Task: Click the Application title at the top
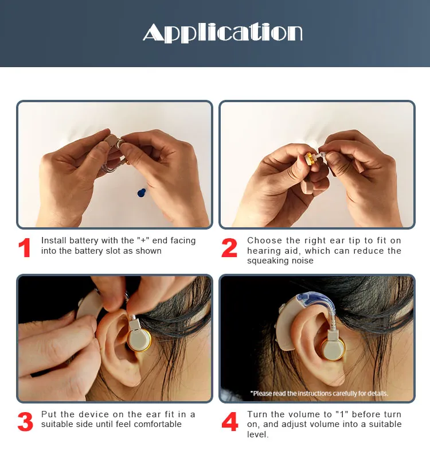(x=222, y=33)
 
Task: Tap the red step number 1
(x=25, y=247)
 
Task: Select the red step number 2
(x=229, y=247)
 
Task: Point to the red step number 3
(x=25, y=421)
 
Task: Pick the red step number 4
(x=230, y=421)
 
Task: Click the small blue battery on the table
(x=142, y=193)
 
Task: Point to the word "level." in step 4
(x=257, y=434)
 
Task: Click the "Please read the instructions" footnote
(x=319, y=393)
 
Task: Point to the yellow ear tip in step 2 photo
(x=309, y=158)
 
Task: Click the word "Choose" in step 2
(x=264, y=240)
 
